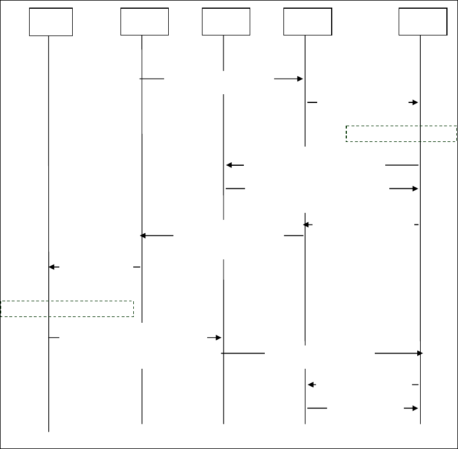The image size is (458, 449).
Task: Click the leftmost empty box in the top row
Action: (x=51, y=22)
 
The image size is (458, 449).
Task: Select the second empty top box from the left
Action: (x=144, y=22)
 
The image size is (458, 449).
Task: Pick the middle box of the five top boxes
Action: (x=226, y=22)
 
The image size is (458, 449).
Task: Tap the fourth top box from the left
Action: (x=307, y=22)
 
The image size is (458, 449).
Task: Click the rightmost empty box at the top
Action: (x=423, y=22)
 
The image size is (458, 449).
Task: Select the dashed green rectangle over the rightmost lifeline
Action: (x=401, y=133)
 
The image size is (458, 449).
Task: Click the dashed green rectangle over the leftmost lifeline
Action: (x=68, y=309)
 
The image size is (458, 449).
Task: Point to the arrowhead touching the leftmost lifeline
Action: (x=52, y=267)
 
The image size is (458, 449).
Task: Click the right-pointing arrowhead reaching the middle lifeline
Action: (x=218, y=337)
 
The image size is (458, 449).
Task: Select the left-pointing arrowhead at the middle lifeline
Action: (x=229, y=165)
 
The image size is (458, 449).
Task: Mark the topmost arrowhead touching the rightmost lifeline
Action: (x=415, y=102)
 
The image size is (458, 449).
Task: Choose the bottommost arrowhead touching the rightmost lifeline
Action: (x=415, y=408)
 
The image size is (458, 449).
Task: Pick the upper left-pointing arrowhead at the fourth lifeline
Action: (x=307, y=224)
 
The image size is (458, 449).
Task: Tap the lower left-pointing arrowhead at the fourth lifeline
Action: (x=311, y=384)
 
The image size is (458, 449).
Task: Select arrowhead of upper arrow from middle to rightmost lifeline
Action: (x=415, y=188)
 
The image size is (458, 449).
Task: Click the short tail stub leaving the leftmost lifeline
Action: (x=54, y=337)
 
